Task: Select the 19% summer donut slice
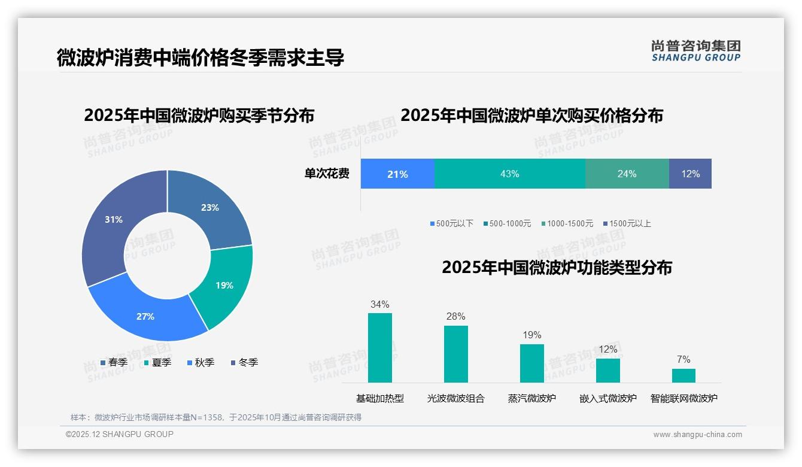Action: tap(224, 286)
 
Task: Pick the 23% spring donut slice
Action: tap(209, 208)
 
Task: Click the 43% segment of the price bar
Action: tap(509, 174)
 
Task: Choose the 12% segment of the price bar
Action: tap(690, 174)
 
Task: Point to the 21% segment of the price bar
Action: tap(397, 174)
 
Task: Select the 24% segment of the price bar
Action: tap(627, 174)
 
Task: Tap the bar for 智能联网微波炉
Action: tap(683, 375)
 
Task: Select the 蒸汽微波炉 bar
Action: tap(532, 363)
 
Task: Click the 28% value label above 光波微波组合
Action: tap(455, 316)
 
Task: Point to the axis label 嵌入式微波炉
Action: tap(608, 398)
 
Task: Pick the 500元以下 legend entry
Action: tap(452, 223)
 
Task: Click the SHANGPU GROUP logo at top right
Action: tap(695, 50)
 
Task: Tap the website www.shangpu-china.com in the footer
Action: tap(697, 435)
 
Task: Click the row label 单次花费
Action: tap(327, 174)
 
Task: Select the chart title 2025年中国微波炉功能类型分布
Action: tap(557, 267)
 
